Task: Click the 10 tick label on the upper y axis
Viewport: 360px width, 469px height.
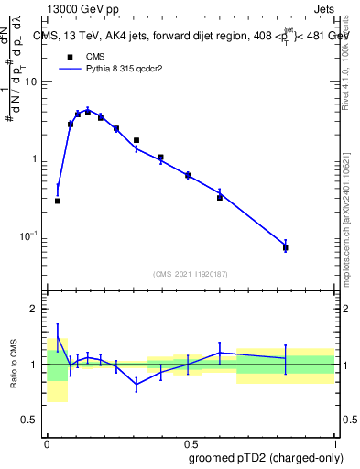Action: coord(33,82)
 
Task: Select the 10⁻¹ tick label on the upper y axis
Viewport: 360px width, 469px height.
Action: coord(30,235)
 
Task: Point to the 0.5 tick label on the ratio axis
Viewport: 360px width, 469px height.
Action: coord(32,420)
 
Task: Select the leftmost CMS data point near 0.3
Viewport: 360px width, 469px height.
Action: coord(58,201)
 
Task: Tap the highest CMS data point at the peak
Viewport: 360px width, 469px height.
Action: coord(88,112)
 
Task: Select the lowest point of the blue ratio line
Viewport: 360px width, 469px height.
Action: coord(136,385)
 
